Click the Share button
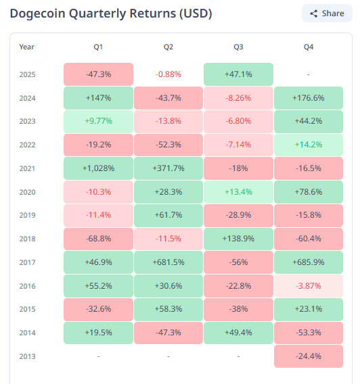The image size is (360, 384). (x=327, y=14)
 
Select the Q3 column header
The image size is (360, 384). (x=238, y=47)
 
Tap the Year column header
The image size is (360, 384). (x=27, y=47)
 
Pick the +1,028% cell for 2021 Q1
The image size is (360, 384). (x=98, y=168)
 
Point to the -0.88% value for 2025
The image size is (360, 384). (x=168, y=74)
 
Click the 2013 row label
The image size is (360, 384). (x=27, y=356)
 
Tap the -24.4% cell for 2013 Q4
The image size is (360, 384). (x=309, y=356)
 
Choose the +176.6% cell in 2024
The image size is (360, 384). (x=309, y=98)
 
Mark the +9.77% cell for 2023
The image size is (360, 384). (x=98, y=121)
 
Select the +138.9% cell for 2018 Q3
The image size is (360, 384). (x=238, y=238)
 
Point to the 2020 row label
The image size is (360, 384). (x=27, y=191)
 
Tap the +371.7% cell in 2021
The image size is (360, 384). (x=168, y=168)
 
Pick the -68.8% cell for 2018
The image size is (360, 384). (x=98, y=238)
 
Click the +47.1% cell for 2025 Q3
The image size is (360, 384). (x=238, y=74)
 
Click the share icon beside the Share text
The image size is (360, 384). (x=313, y=14)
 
